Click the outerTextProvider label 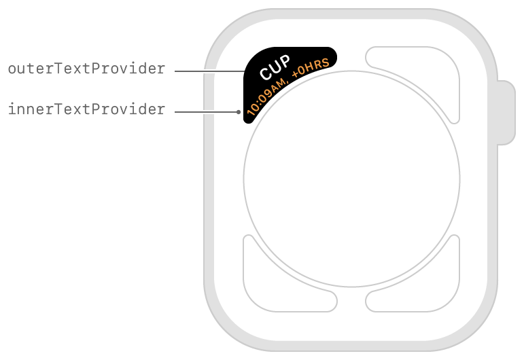pos(86,69)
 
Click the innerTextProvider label pos(86,109)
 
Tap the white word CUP pos(275,67)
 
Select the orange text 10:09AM pos(266,97)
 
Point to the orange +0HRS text pos(311,68)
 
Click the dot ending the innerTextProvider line pos(239,112)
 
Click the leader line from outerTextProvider pos(210,71)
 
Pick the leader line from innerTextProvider pos(205,112)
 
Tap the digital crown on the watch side pos(506,113)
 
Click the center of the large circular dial pos(351,179)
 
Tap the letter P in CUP pos(285,61)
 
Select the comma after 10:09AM pos(287,82)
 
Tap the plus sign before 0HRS pos(295,75)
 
